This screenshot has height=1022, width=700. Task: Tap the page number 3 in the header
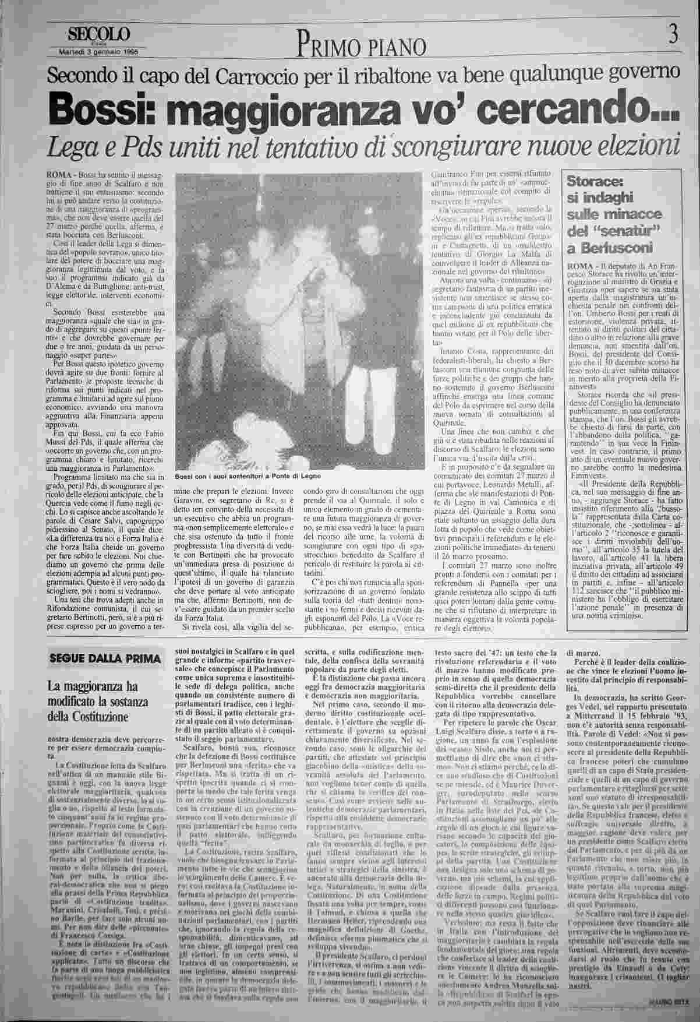pos(673,36)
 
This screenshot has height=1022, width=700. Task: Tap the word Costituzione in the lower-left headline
pos(95,716)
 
